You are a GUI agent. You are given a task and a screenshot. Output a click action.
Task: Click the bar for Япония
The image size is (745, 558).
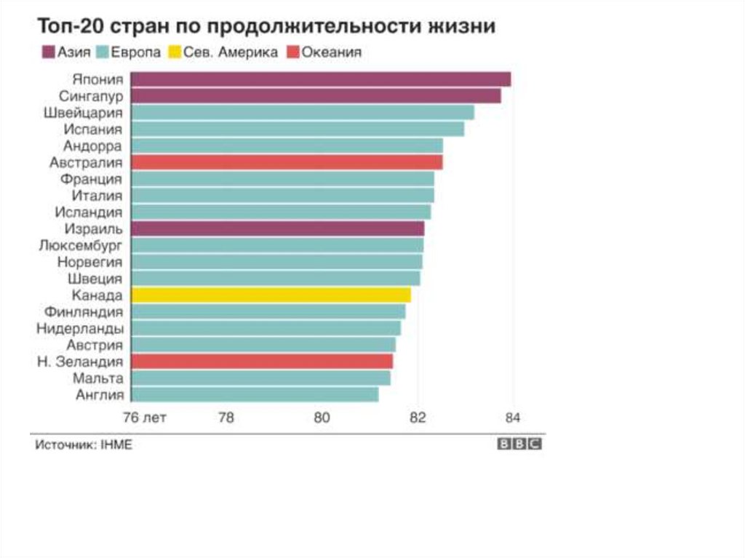(320, 79)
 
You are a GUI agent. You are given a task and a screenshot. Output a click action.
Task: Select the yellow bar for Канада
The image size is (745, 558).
(271, 295)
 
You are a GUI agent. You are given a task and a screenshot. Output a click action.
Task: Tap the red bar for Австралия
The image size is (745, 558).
(287, 162)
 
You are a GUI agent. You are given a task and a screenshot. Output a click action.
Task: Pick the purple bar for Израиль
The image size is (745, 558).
(277, 228)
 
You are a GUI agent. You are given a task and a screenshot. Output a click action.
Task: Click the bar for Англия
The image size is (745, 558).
(255, 394)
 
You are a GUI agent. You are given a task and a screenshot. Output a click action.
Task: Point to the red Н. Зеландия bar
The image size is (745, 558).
(262, 362)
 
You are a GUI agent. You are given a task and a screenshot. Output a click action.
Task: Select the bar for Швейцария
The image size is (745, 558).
(302, 113)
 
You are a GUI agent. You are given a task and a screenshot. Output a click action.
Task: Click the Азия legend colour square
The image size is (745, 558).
(49, 52)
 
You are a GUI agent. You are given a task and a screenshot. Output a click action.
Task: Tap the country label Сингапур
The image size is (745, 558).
(91, 96)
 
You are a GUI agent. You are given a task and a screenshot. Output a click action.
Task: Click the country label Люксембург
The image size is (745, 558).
(80, 245)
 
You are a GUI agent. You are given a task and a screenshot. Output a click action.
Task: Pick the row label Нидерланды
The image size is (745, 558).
(79, 328)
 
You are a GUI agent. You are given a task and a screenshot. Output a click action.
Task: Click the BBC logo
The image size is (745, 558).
(519, 445)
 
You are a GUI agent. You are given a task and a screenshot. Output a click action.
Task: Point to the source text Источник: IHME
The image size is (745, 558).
(84, 445)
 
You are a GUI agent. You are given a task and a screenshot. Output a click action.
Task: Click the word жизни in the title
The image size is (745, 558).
(463, 27)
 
